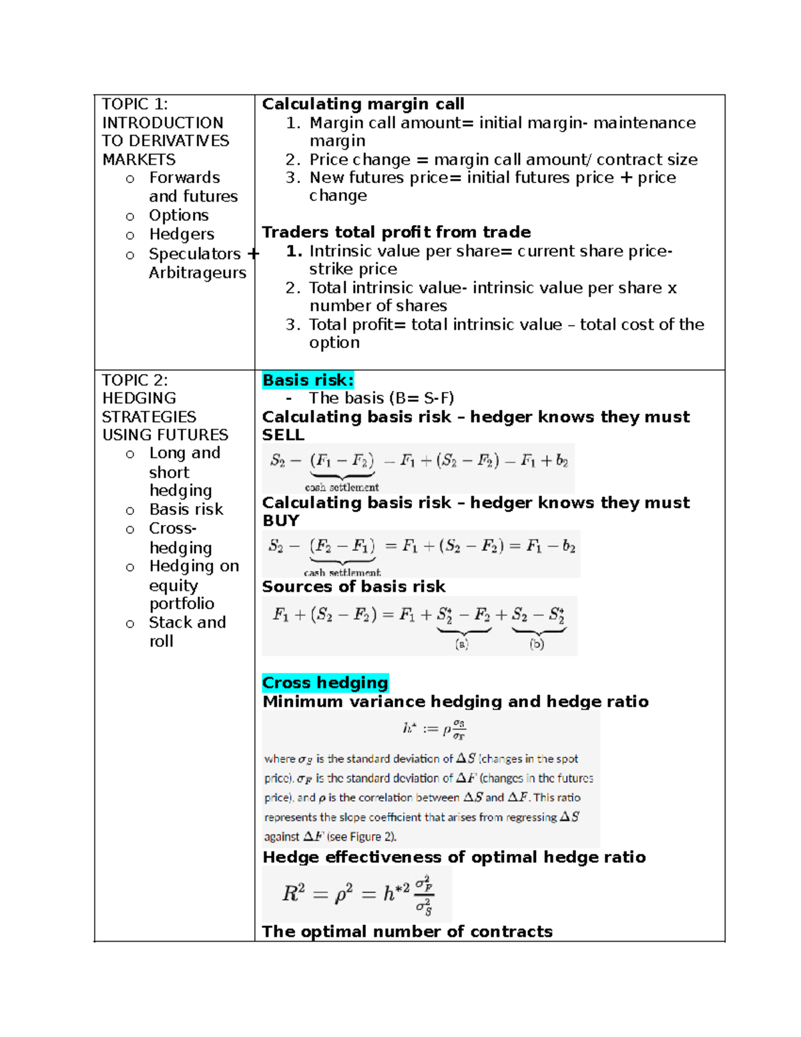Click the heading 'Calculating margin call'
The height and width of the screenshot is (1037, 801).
(363, 104)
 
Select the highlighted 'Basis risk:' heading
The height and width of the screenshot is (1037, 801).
(308, 380)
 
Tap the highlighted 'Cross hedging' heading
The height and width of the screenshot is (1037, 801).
(325, 682)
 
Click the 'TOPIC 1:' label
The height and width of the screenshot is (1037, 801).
(135, 104)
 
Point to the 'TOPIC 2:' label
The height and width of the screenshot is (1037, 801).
(135, 380)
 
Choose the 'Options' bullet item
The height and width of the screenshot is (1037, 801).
(179, 216)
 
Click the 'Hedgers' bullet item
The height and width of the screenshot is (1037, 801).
(182, 234)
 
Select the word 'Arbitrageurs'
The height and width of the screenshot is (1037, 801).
(198, 273)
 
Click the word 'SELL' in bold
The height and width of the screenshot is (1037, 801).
(283, 435)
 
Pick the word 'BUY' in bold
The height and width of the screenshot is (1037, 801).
(281, 520)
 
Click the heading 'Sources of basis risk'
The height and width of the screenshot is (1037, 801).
(354, 586)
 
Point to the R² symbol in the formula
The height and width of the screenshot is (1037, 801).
(294, 893)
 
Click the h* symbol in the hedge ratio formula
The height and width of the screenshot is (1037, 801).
(409, 728)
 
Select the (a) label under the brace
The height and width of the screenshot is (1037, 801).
(461, 644)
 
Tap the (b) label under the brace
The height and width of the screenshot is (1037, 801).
(537, 644)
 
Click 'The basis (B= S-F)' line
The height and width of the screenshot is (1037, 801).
(381, 399)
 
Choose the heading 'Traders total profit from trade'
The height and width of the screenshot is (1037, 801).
(396, 232)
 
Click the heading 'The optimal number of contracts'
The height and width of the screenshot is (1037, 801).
(407, 931)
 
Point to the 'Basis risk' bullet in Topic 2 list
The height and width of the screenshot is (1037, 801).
(186, 509)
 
